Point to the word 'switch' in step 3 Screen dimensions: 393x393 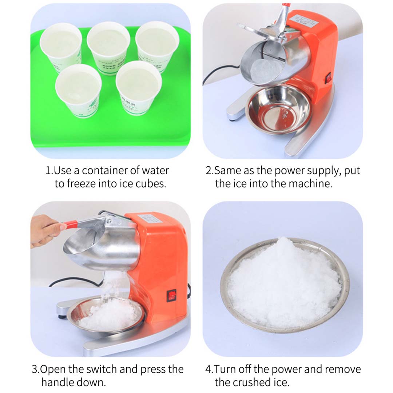pyautogui.click(x=100, y=369)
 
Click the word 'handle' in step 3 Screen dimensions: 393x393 pyautogui.click(x=58, y=382)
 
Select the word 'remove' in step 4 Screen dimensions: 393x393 pyautogui.click(x=343, y=369)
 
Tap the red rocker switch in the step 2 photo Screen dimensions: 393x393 pyautogui.click(x=329, y=77)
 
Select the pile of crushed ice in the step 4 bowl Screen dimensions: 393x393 pyautogui.click(x=284, y=284)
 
